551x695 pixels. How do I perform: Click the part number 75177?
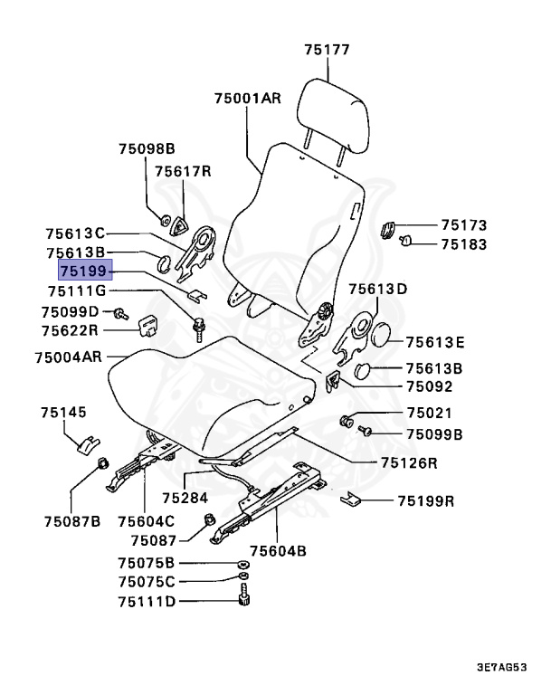[x=327, y=50]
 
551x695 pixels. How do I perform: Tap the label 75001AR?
[x=249, y=99]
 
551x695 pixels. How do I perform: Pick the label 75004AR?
[x=69, y=357]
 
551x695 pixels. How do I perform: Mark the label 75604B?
[x=278, y=549]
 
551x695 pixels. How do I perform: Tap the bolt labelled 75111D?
[x=242, y=598]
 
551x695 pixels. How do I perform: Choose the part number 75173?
[x=464, y=224]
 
